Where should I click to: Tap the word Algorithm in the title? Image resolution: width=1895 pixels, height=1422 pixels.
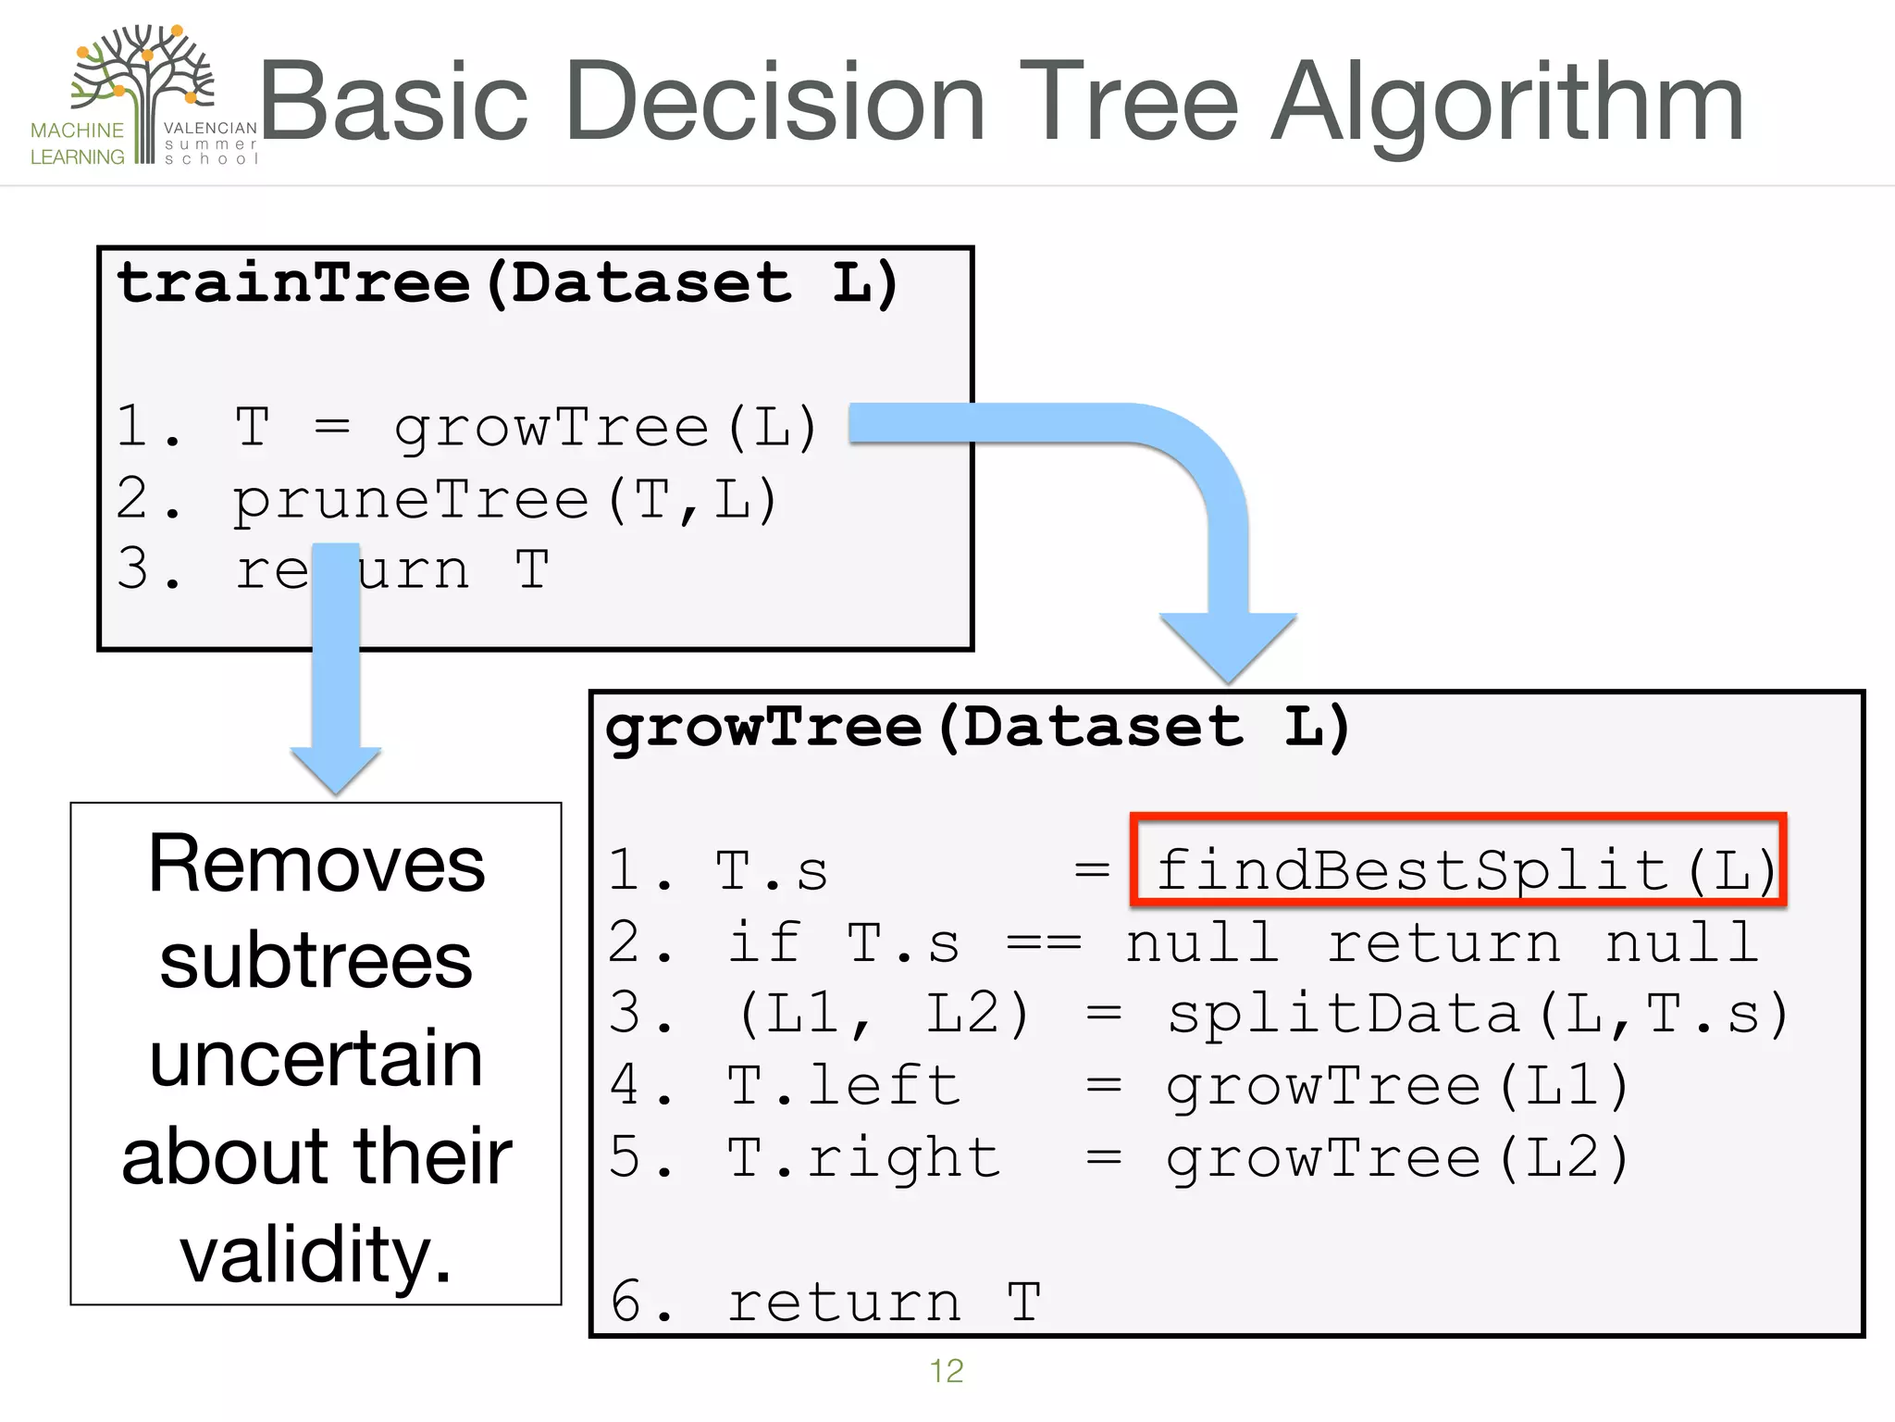[x=1506, y=104]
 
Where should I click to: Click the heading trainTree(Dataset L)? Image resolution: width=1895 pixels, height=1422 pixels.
[x=507, y=282]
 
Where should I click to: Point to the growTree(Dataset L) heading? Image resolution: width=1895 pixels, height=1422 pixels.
[x=977, y=727]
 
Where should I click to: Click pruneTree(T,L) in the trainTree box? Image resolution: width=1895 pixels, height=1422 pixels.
[x=505, y=501]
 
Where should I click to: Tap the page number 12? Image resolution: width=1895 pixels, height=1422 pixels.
[x=946, y=1370]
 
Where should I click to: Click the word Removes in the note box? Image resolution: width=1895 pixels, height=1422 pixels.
[x=316, y=864]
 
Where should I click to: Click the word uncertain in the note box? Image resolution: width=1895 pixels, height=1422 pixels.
[x=316, y=1058]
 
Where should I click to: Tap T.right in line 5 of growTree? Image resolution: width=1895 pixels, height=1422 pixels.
[x=862, y=1157]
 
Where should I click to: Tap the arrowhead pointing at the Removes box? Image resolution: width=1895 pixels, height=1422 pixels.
[x=335, y=768]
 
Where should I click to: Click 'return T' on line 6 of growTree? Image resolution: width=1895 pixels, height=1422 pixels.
[x=884, y=1302]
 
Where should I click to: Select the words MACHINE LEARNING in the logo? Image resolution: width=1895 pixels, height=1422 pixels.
[x=77, y=143]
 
